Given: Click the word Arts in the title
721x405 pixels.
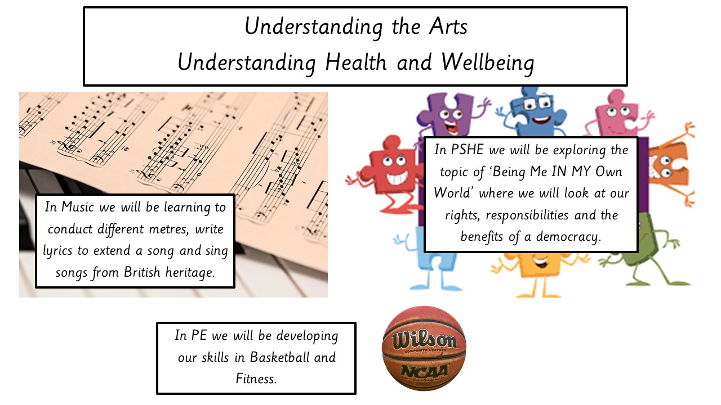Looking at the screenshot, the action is [x=448, y=26].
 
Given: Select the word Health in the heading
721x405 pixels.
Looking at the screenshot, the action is [x=355, y=62].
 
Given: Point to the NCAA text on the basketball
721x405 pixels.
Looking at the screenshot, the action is [x=424, y=371].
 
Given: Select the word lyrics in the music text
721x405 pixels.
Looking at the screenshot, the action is [x=57, y=251].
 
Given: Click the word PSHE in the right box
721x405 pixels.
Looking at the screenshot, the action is [x=468, y=150].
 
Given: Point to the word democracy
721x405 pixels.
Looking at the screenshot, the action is [x=568, y=237].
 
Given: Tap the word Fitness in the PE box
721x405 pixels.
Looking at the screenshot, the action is [x=256, y=379].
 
